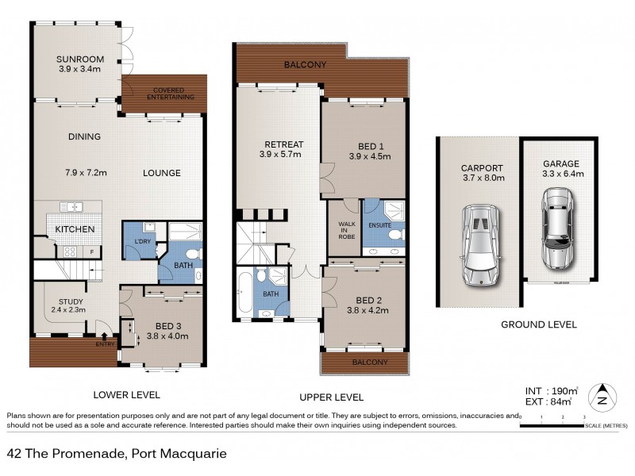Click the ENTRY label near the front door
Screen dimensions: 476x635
(x=105, y=344)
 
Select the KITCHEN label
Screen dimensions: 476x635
(x=75, y=229)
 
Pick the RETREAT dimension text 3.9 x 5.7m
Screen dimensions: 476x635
(x=277, y=155)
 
